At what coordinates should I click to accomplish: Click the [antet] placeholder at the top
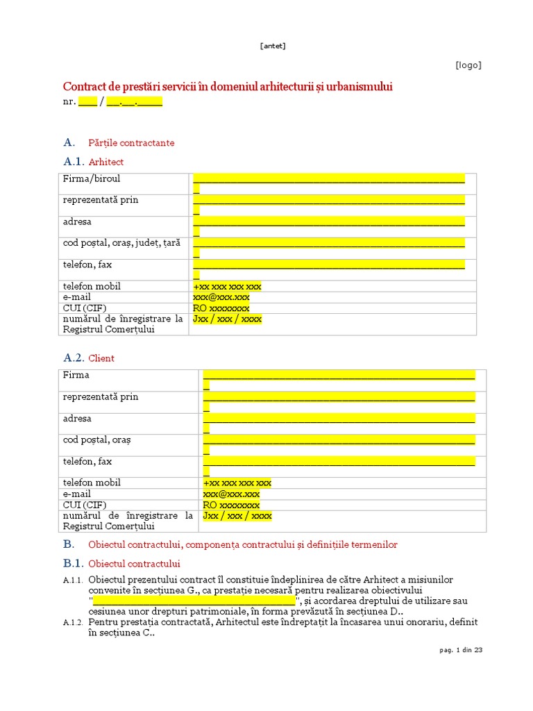click(273, 47)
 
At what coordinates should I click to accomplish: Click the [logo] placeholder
click(468, 65)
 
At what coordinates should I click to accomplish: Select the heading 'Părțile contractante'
click(131, 143)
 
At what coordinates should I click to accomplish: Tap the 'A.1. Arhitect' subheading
click(94, 162)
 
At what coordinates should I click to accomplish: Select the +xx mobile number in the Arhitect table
click(227, 287)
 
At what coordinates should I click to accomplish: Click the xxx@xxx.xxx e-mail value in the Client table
click(231, 494)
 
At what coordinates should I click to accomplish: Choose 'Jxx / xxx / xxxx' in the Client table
click(237, 516)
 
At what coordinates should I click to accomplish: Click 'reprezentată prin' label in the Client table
click(101, 397)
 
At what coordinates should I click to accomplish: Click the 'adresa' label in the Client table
click(77, 419)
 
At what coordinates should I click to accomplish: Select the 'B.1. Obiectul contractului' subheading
click(121, 563)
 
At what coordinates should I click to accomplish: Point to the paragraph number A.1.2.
click(73, 623)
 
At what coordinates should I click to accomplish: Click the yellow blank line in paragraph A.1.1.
click(194, 601)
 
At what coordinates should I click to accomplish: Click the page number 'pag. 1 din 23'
click(460, 650)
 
